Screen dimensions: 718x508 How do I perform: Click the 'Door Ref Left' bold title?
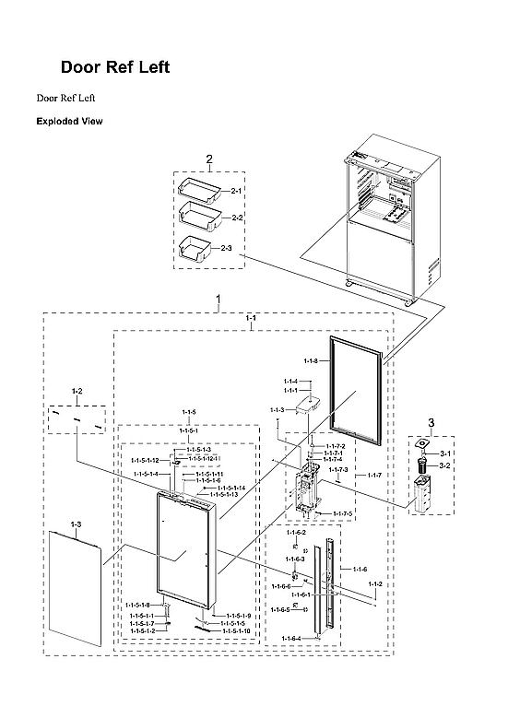114,68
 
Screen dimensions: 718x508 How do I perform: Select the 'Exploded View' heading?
69,121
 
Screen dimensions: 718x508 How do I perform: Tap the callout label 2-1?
236,191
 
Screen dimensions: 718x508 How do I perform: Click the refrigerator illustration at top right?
383,221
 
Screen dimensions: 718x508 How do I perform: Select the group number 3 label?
430,422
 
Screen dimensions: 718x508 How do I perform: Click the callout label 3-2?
444,466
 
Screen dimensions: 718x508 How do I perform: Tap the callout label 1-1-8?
311,361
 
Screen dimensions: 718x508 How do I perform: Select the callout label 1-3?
76,524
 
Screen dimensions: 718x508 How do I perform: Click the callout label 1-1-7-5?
342,513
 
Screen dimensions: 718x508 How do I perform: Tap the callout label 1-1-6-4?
291,639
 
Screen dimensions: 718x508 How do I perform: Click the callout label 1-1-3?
277,410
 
